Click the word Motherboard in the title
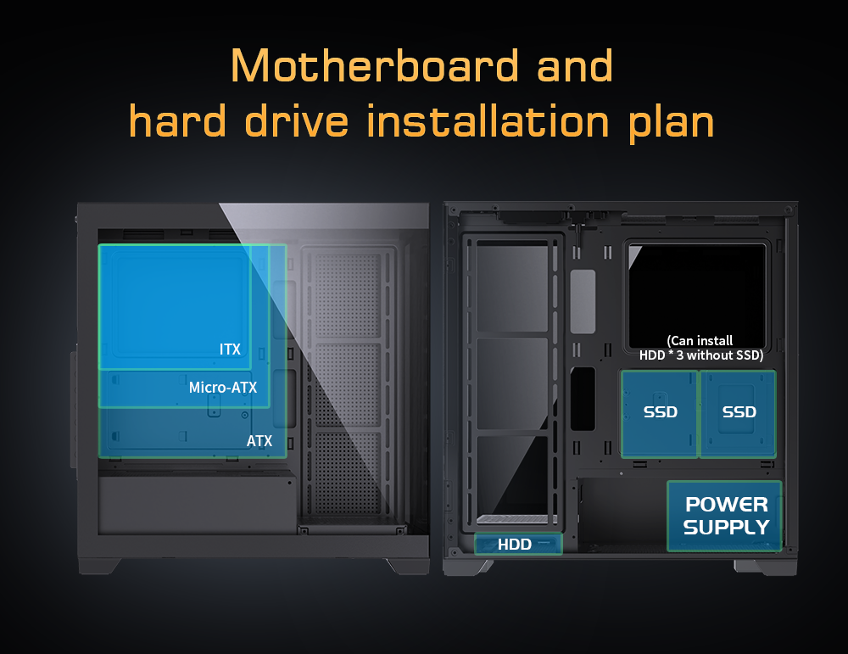(374, 66)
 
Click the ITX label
(230, 349)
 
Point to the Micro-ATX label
(223, 388)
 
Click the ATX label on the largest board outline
(259, 441)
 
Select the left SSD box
(660, 414)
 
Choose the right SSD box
(739, 414)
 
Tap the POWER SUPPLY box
(725, 516)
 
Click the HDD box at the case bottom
(518, 544)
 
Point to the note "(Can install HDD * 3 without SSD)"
(701, 348)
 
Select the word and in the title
(574, 66)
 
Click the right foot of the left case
(407, 566)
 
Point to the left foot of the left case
(99, 566)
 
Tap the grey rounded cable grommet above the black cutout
(583, 301)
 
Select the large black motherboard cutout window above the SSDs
(697, 295)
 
